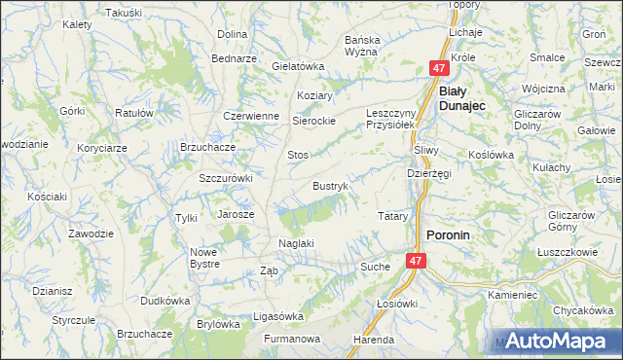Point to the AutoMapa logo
point(555,342)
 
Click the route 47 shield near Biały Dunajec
point(440,68)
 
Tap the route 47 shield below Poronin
point(416,261)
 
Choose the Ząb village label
point(269,271)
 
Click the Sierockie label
point(314,121)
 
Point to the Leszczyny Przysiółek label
point(390,119)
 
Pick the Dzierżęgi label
point(428,173)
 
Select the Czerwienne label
point(250,115)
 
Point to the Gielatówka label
point(298,66)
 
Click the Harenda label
point(374,341)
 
